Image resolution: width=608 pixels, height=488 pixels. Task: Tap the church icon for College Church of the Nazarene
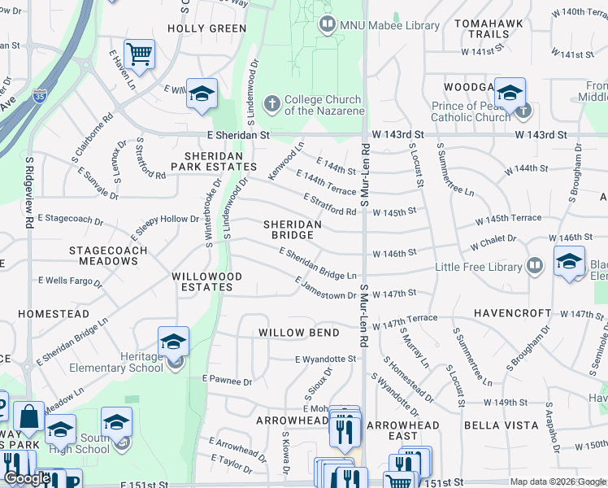[x=271, y=104]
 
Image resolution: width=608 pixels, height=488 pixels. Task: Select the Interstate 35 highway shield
[x=40, y=96]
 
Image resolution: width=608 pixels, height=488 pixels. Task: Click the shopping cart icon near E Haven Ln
[x=140, y=54]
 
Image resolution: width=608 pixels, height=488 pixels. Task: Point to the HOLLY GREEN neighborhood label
[x=206, y=28]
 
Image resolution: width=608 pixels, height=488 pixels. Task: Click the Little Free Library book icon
[x=535, y=266]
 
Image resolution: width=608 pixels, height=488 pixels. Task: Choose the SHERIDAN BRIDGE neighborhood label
[x=292, y=229]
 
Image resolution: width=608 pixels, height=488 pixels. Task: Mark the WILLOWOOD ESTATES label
[x=207, y=281]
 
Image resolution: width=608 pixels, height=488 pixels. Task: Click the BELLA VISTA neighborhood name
[x=501, y=425]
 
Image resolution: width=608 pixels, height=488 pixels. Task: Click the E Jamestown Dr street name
[x=325, y=289]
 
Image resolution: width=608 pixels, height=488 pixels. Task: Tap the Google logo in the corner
[x=28, y=479]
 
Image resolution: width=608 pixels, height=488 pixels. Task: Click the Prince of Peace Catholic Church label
[x=471, y=111]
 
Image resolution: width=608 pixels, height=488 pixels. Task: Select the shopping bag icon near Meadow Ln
[x=28, y=416]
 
